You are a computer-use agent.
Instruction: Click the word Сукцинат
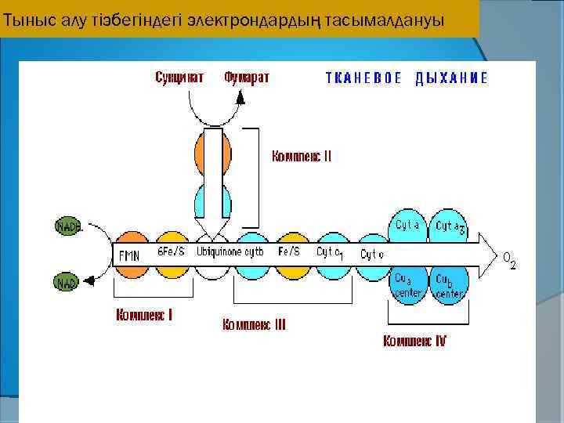(179, 77)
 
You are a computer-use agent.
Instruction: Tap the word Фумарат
(246, 77)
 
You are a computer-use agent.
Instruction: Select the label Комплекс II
(302, 156)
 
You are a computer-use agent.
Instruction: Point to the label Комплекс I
(144, 316)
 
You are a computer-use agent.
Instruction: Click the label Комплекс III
(254, 324)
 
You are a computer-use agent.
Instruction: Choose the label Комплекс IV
(414, 341)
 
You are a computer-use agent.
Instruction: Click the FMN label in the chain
(129, 255)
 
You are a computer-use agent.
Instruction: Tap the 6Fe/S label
(171, 252)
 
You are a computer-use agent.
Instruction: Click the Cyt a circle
(408, 226)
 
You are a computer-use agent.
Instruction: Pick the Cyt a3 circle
(449, 226)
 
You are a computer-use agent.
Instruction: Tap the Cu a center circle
(408, 284)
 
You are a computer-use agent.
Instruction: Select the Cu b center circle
(449, 284)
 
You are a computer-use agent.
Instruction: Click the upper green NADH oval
(68, 227)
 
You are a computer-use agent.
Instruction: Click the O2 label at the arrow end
(509, 259)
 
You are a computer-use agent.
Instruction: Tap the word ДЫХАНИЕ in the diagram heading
(452, 78)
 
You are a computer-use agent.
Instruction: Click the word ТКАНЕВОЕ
(363, 78)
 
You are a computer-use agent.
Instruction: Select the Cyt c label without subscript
(372, 254)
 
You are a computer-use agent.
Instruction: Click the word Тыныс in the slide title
(22, 20)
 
